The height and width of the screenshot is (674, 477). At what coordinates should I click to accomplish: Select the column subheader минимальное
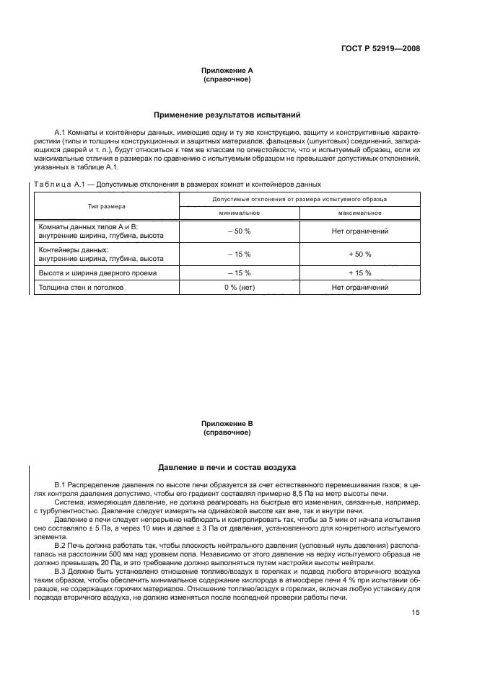tap(239, 213)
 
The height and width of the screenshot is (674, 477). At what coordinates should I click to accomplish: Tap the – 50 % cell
tap(239, 231)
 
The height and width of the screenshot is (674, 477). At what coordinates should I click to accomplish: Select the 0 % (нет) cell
tap(239, 288)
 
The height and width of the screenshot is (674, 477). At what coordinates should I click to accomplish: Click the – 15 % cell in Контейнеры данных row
tap(239, 254)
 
